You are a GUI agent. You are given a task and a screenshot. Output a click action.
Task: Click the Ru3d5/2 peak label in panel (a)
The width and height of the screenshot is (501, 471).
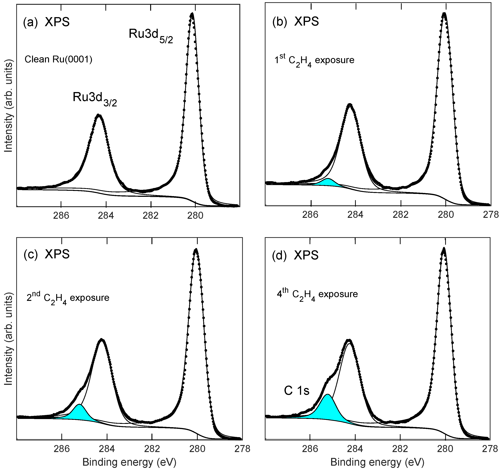[151, 35]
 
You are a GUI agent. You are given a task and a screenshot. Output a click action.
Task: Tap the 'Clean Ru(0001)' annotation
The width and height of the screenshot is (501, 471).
[58, 59]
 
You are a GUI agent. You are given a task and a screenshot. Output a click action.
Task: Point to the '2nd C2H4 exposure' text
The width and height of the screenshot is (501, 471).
[68, 298]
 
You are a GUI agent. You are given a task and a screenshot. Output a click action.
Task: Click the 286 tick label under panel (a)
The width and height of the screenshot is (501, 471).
[61, 216]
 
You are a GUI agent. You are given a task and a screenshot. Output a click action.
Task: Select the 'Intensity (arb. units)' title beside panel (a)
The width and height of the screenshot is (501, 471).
[9, 107]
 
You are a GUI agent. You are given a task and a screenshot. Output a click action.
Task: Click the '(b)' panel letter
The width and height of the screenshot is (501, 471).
[280, 22]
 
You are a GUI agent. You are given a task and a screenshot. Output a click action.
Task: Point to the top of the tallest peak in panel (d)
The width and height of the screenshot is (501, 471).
[444, 249]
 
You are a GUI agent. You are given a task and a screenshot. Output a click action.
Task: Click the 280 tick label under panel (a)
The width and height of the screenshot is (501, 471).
[195, 216]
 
